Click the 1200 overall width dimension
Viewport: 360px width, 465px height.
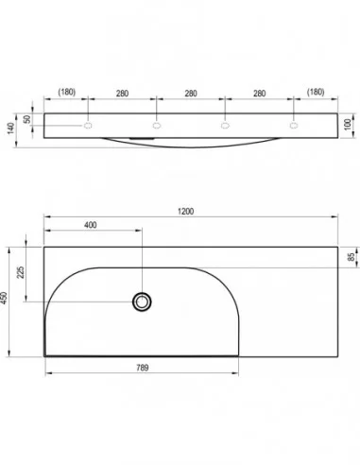185,212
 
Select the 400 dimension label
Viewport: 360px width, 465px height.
91,225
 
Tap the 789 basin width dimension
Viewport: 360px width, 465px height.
143,368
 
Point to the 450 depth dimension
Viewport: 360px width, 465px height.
4,298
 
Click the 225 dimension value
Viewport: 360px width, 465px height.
21,272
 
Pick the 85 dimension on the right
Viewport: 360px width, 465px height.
351,257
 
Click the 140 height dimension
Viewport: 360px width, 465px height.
11,129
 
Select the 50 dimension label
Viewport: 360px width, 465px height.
27,119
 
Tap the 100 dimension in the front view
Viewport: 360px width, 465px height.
348,124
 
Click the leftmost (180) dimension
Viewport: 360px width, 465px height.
67,92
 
